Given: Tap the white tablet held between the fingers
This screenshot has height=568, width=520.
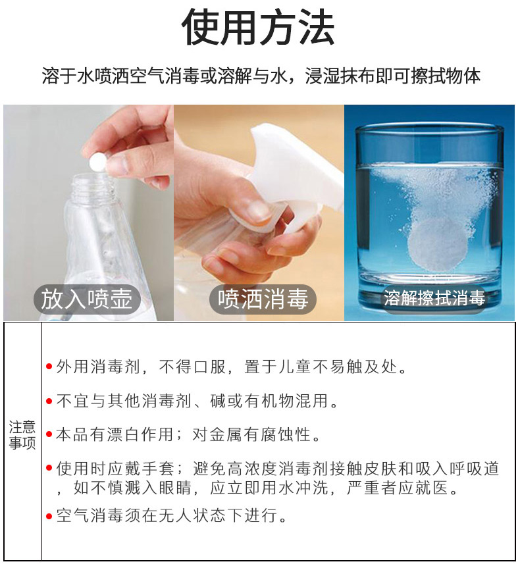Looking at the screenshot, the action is pos(97,161).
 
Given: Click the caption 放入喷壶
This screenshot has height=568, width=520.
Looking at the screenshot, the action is pos(86,299).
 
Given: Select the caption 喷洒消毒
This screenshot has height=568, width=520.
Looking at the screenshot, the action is pos(263,299).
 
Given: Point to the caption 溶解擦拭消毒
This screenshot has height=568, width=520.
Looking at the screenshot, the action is pos(434,298).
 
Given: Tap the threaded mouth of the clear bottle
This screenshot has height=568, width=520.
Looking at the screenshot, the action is pos(91,185).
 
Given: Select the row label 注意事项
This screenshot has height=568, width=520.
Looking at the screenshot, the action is pos(22,434).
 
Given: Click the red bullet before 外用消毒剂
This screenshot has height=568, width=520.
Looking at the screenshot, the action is pos(49,367).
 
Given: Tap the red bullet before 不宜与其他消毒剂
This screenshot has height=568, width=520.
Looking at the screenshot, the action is pos(49,401).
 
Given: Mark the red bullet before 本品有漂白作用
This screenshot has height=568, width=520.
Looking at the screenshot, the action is pos(49,434).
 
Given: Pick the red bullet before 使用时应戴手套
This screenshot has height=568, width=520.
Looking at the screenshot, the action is pos(49,468).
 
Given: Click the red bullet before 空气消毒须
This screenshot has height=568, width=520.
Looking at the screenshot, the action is pos(49,516).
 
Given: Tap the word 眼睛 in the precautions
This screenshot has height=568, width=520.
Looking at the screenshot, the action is pos(174,488).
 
